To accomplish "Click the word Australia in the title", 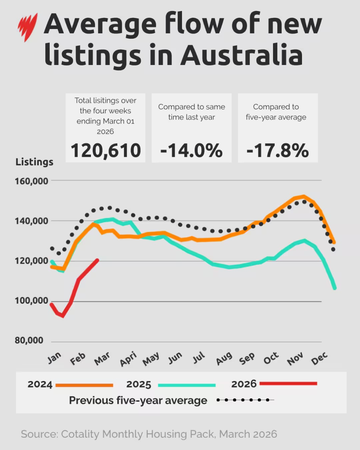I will pos(241,56).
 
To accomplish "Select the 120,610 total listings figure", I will pos(105,150).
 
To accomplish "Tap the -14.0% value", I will pos(191,150).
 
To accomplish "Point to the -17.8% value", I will pos(277,150).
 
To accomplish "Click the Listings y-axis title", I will pos(34,162).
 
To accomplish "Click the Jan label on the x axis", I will pos(54,359).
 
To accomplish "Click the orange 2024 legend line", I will pos(84,385).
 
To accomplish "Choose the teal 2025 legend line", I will pos(187,385).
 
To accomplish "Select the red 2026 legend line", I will pos(288,384).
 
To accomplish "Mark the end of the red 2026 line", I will pos(98,260).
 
